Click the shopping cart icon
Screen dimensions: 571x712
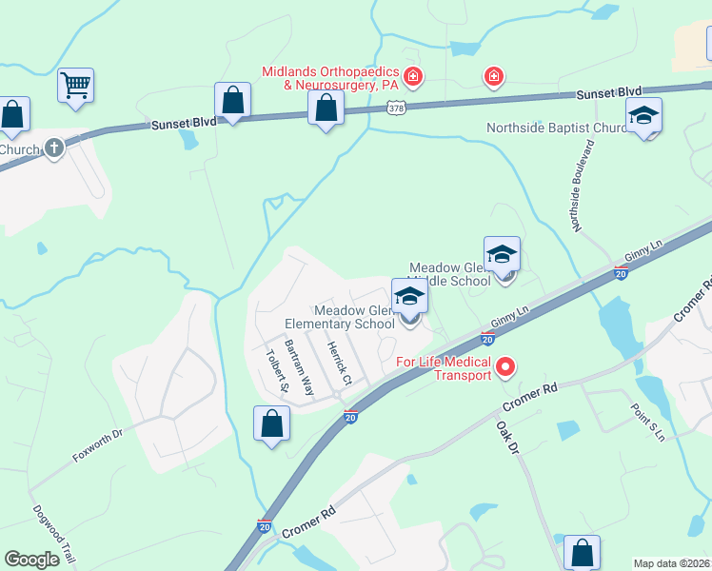pyautogui.click(x=75, y=85)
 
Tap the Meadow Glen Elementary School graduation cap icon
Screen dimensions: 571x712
pyautogui.click(x=409, y=296)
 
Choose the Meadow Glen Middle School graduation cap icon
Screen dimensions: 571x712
pyautogui.click(x=502, y=253)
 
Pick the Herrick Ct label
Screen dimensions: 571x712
pyautogui.click(x=341, y=364)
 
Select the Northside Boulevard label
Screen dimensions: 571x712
pyautogui.click(x=583, y=187)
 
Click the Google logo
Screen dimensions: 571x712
pyautogui.click(x=31, y=560)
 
